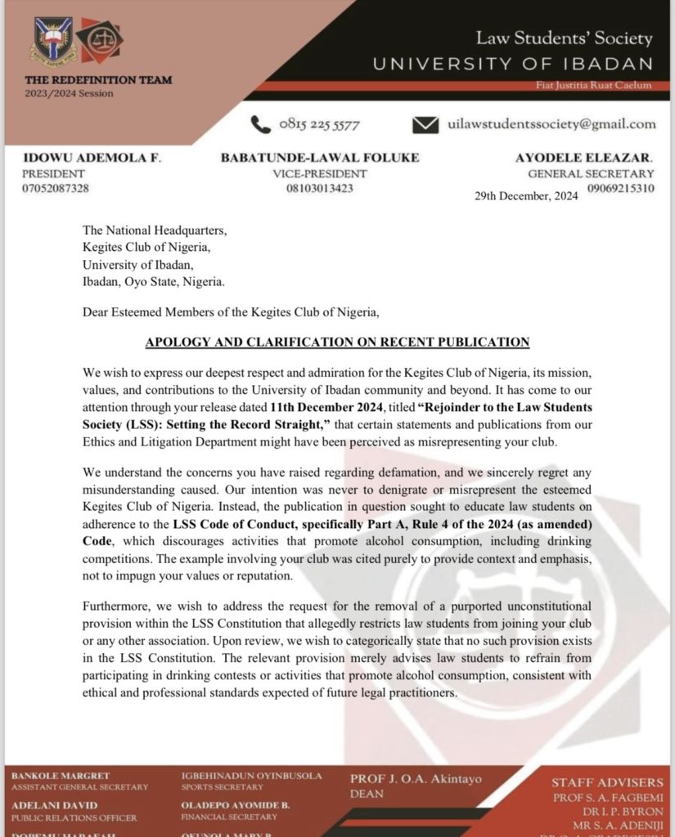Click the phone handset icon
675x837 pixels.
coord(261,124)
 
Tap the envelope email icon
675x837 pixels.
coord(425,125)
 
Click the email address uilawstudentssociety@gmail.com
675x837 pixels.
coord(551,124)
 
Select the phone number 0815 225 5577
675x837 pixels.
coord(319,125)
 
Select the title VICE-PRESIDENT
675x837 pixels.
coord(320,173)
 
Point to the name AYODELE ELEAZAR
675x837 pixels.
coord(584,157)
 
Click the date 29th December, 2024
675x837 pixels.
coord(526,197)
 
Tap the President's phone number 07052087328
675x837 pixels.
coord(56,188)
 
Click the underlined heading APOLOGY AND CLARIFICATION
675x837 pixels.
coord(337,342)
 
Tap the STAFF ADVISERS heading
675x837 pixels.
coord(607,783)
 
